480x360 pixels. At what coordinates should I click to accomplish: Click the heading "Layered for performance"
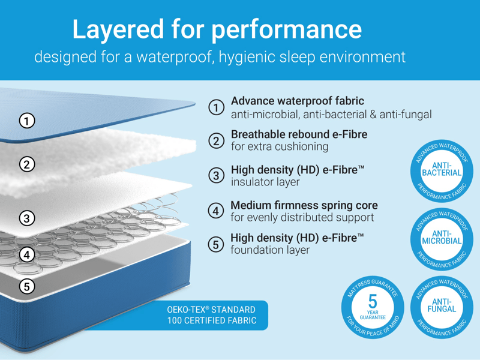(x=217, y=29)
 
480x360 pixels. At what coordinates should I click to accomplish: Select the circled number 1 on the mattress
(x=26, y=121)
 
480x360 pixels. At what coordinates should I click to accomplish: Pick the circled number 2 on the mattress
(x=26, y=164)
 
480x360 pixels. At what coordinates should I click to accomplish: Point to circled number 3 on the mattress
(x=26, y=218)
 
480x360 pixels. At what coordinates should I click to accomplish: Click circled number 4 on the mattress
(x=26, y=254)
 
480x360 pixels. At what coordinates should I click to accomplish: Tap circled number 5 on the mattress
(x=26, y=286)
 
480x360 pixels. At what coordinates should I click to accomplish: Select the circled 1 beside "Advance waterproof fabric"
(x=216, y=107)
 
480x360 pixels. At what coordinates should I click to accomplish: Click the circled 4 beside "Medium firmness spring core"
(x=216, y=211)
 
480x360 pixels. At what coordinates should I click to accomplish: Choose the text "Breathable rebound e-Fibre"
(x=299, y=134)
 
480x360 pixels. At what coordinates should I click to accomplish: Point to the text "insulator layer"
(x=265, y=182)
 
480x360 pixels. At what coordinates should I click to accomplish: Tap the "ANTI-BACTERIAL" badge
(x=442, y=169)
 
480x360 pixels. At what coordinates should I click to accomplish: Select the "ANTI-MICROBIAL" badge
(x=442, y=237)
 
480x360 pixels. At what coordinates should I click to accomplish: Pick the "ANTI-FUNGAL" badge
(x=442, y=305)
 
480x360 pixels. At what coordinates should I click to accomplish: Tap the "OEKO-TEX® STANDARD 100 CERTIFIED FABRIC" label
(x=211, y=316)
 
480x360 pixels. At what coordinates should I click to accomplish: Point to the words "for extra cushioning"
(x=280, y=146)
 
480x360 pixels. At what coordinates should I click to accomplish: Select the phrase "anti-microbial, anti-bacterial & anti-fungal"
(x=331, y=114)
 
